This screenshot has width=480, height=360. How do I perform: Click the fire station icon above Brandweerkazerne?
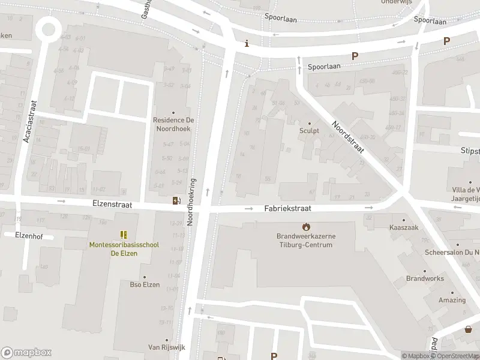tap(306, 227)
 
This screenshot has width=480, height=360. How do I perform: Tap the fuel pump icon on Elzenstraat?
tap(176, 200)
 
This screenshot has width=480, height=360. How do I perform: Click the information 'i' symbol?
tap(247, 44)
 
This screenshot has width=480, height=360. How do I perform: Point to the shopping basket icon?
tap(469, 329)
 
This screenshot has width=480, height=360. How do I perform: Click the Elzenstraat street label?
tap(112, 205)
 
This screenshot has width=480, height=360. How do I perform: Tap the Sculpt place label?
tap(309, 130)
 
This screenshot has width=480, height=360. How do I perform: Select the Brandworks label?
tap(425, 278)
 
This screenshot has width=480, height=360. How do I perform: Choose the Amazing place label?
tap(452, 300)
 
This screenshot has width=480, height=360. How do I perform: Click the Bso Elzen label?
tap(145, 284)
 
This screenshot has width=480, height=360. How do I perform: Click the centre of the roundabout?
tap(46, 28)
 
